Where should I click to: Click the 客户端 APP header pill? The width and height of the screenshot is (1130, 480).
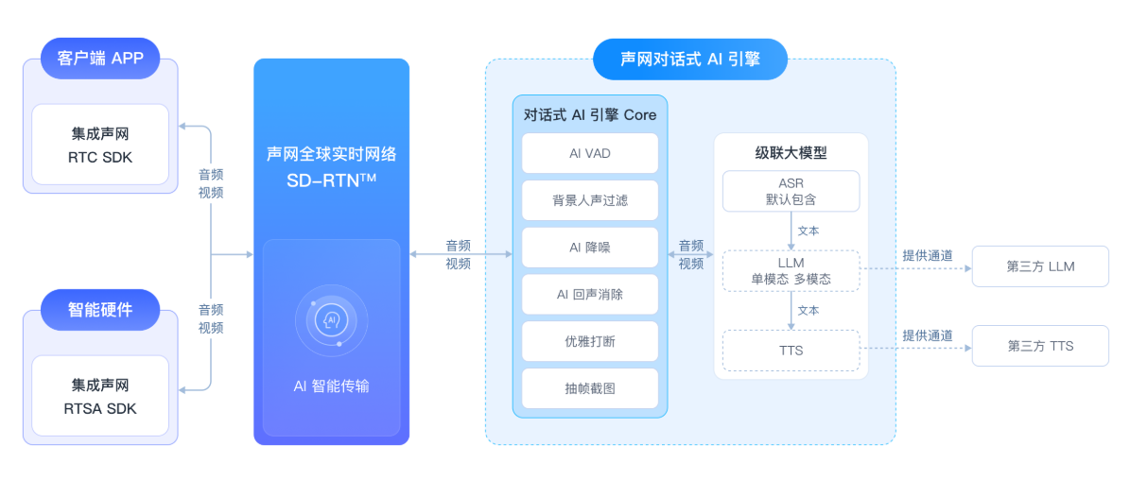(x=100, y=58)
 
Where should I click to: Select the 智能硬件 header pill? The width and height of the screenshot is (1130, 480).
(x=100, y=309)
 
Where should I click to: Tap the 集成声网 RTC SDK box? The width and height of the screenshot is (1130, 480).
(x=100, y=145)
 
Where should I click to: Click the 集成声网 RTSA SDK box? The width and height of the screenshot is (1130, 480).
(x=100, y=397)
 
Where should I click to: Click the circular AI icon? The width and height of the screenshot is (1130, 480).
(x=331, y=320)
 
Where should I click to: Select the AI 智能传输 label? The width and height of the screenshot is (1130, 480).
(x=331, y=386)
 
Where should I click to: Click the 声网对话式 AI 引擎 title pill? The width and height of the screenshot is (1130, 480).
(x=690, y=59)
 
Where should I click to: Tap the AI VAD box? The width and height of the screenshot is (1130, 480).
(x=590, y=153)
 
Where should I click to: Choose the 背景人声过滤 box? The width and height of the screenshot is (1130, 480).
(x=590, y=200)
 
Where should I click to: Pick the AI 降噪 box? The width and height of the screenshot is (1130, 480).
(x=590, y=247)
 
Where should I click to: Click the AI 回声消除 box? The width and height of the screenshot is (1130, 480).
(x=590, y=294)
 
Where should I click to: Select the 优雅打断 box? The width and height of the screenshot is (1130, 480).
(x=590, y=341)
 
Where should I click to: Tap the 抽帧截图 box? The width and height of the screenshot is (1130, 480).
(x=590, y=388)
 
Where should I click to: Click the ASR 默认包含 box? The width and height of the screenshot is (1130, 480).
(x=791, y=191)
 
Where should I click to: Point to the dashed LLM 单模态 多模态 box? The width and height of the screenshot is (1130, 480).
(x=791, y=270)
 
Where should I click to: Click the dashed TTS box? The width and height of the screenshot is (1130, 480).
(x=791, y=350)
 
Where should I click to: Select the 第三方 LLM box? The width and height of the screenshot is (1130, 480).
(x=1040, y=266)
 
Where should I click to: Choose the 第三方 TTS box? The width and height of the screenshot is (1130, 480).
(x=1040, y=346)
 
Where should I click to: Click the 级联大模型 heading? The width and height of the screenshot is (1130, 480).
(x=791, y=152)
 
